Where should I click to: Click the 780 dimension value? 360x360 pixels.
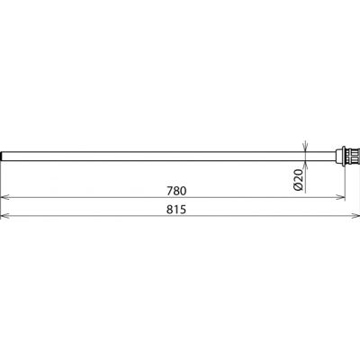click(176, 191)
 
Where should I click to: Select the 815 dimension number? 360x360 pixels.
click(176, 210)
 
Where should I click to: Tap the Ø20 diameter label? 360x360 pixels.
click(299, 180)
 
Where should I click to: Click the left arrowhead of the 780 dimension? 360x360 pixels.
click(5, 197)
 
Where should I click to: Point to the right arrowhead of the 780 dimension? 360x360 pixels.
click(340, 197)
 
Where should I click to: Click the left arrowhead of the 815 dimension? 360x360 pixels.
click(5, 215)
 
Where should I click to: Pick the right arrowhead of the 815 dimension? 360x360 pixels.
click(355, 215)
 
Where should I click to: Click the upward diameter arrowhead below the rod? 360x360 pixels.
click(305, 166)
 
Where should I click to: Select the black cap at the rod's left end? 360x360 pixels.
click(2, 157)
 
